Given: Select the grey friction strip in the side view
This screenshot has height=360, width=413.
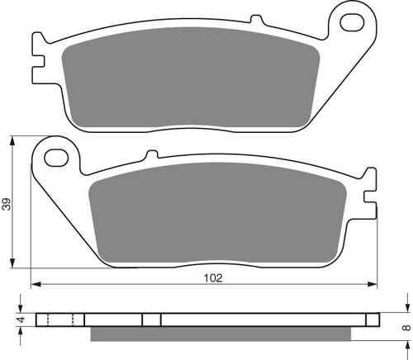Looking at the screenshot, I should coord(223,334).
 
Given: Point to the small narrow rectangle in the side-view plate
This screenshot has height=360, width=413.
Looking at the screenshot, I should coord(151,320).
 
